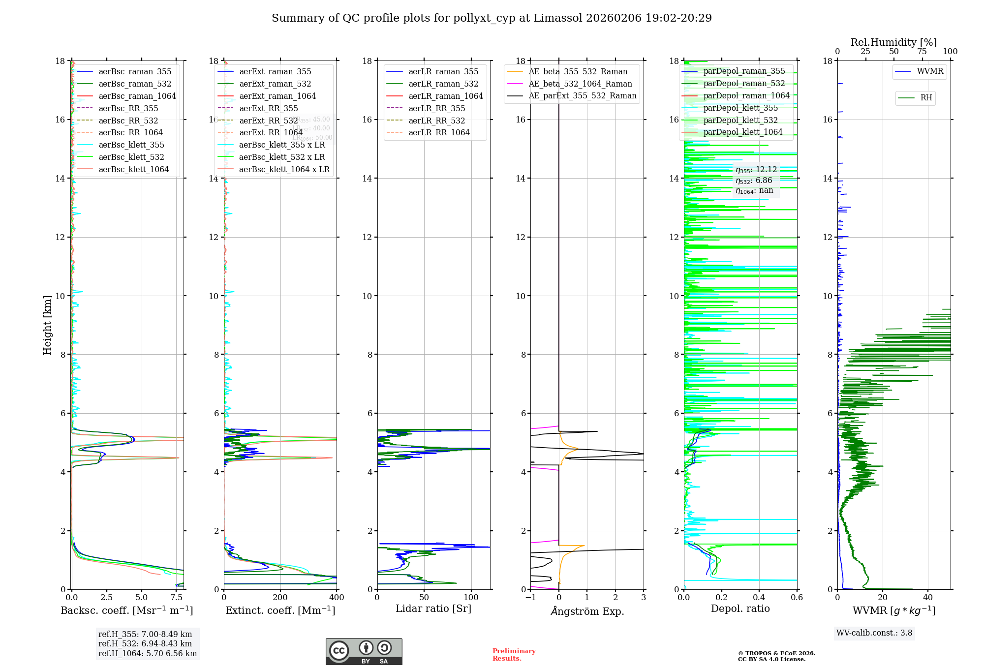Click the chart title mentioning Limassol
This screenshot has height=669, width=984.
point(492,18)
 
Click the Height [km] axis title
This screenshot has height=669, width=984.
point(47,325)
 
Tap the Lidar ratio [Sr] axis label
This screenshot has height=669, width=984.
point(433,608)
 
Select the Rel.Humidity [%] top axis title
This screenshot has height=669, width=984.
point(893,42)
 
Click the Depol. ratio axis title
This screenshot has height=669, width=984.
point(740,608)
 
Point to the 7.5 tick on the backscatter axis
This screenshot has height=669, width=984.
point(177,598)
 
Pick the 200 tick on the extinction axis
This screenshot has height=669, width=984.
point(280,598)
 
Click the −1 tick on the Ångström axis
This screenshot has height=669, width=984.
point(530,598)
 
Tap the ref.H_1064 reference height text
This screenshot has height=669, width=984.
point(148,654)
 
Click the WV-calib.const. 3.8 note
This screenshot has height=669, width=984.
point(874,633)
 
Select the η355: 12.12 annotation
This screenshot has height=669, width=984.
point(756,170)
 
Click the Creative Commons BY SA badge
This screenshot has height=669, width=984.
point(364,651)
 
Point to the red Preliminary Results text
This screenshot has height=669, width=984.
point(514,655)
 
